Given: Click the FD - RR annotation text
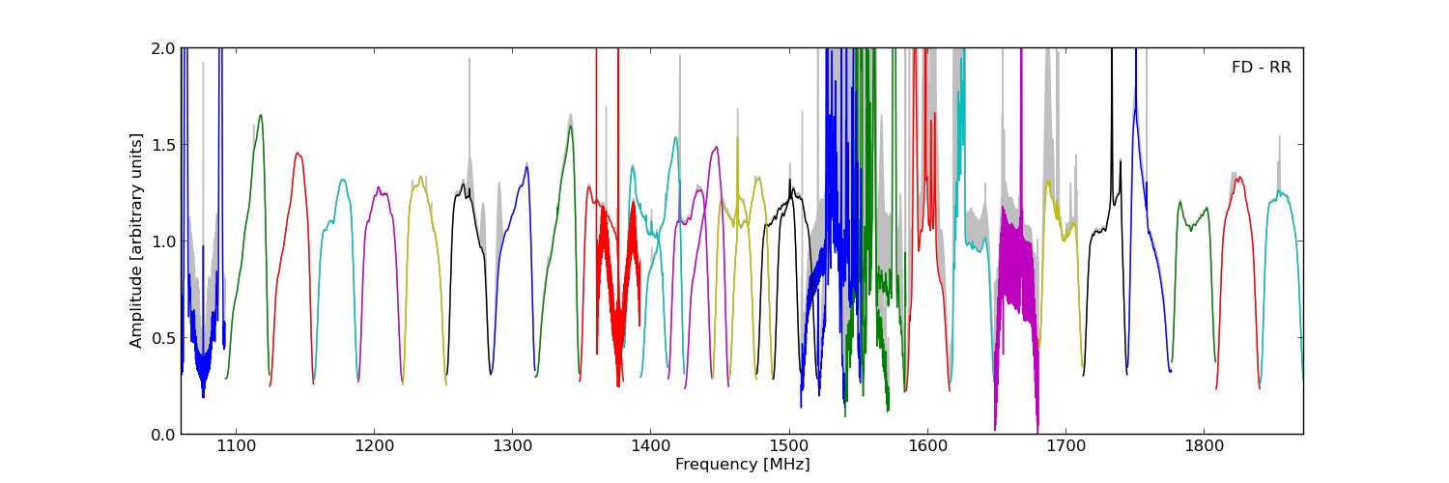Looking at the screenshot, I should click(1261, 68).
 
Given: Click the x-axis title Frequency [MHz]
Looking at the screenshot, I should click(742, 465).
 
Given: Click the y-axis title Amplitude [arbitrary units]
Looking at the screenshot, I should click(136, 241).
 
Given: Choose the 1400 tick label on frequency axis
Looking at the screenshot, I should click(650, 447).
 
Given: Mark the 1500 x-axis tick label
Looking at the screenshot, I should click(789, 447).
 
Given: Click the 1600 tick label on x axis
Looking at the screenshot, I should click(927, 447).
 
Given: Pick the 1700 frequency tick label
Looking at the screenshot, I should click(1065, 447).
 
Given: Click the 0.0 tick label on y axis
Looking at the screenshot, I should click(163, 435).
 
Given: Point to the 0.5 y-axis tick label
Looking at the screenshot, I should click(163, 338).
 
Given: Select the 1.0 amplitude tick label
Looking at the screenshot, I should click(163, 241).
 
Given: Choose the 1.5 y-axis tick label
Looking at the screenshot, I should click(163, 145).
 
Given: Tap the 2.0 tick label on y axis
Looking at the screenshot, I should click(163, 48).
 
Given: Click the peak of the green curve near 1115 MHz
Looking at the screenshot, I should click(260, 115).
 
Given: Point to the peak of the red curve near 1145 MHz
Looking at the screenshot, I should click(298, 153).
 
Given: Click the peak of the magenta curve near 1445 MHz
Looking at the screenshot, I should click(716, 147).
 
